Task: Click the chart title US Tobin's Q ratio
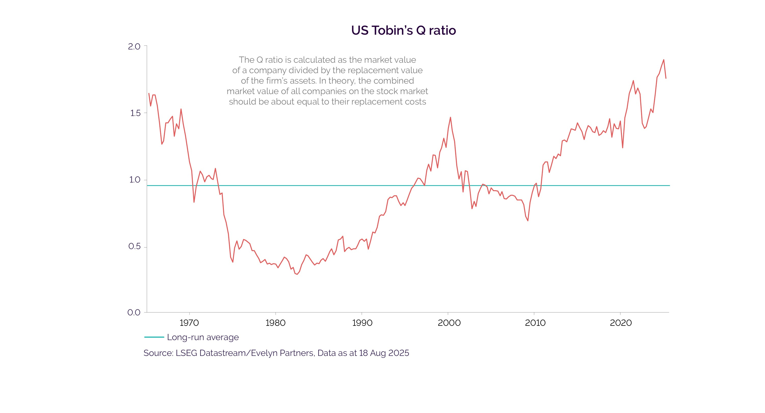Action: click(403, 30)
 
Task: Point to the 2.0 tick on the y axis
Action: click(134, 46)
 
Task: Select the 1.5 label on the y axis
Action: click(135, 113)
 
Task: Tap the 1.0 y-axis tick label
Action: click(135, 180)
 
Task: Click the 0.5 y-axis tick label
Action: click(134, 247)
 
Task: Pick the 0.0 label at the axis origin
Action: click(134, 312)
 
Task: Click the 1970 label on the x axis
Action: click(189, 323)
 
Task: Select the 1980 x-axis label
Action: click(275, 323)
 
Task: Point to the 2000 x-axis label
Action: click(449, 323)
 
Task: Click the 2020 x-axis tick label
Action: click(621, 323)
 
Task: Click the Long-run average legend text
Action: click(203, 337)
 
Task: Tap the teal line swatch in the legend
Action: click(154, 337)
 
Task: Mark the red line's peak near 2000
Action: click(450, 117)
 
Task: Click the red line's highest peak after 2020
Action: click(664, 60)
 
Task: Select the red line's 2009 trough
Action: click(528, 221)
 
